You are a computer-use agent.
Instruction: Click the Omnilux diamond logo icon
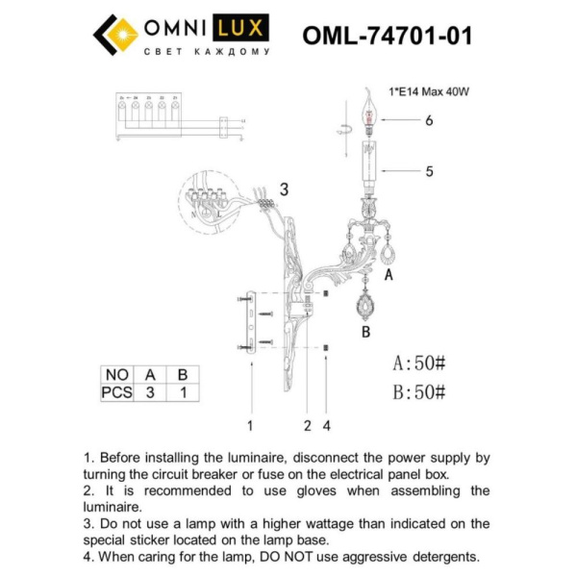coord(114,34)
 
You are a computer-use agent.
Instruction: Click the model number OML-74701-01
coord(387,36)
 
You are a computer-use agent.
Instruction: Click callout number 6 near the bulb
coord(430,121)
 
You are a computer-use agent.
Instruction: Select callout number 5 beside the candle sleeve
coord(430,172)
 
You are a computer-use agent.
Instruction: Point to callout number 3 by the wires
coord(284,189)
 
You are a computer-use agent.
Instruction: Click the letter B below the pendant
coord(365,334)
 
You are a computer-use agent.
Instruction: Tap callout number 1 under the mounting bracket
coord(249,423)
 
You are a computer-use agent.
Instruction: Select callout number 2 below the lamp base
coord(307,423)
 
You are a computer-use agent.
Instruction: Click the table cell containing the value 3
coord(150,391)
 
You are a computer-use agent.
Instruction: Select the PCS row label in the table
coord(116,391)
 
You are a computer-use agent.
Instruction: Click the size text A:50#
coord(419,364)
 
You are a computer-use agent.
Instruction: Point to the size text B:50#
coord(419,391)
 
